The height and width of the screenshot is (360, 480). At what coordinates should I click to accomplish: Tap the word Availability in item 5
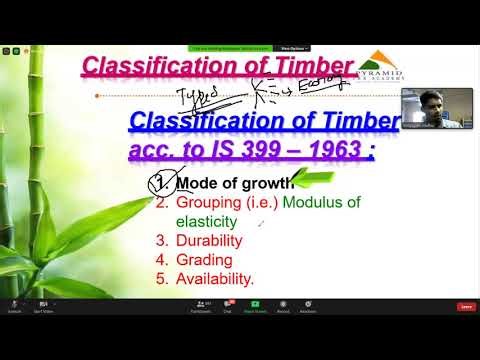point(214,279)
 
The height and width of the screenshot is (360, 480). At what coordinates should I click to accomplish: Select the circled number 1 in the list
point(159,183)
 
